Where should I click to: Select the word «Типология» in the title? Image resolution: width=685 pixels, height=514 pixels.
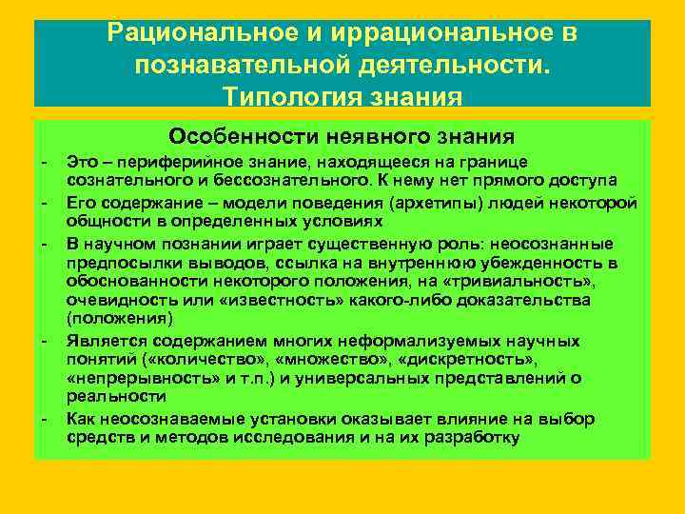coord(285,97)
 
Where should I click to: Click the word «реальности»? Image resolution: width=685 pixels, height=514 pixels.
coord(106,396)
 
